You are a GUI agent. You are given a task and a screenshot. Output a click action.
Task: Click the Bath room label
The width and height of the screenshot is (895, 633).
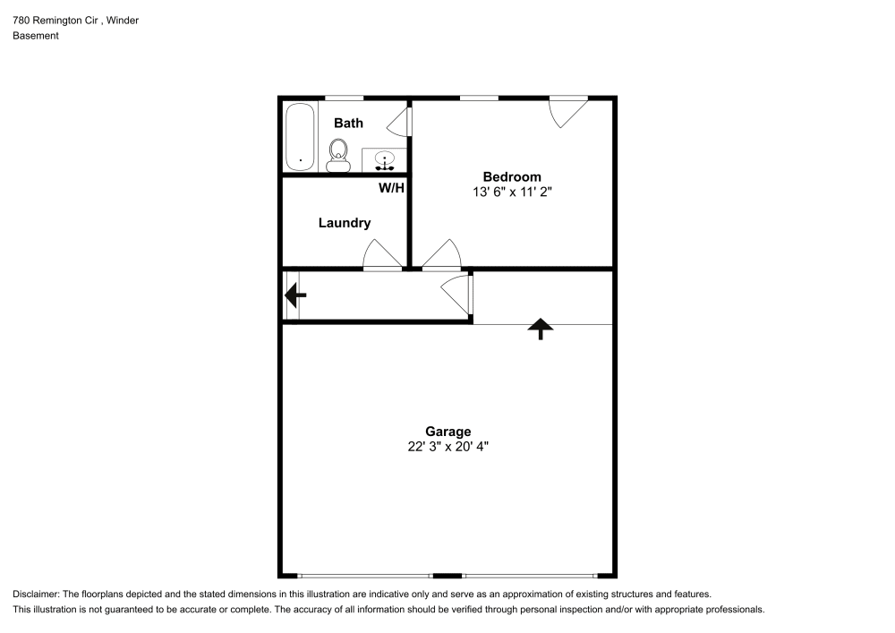[x=348, y=123]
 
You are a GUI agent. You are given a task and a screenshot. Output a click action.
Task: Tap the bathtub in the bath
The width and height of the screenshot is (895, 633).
[x=300, y=137]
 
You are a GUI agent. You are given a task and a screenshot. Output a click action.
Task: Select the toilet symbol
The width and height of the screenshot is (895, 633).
[x=338, y=155]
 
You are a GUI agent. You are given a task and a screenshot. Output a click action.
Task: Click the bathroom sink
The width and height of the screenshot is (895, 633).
[x=384, y=160]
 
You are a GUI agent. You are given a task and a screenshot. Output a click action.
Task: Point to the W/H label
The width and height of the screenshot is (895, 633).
[x=391, y=188]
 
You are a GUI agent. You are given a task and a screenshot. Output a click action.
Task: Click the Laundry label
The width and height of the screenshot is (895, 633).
[x=345, y=223]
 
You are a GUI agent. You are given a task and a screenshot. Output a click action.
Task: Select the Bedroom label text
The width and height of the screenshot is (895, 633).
[x=512, y=176]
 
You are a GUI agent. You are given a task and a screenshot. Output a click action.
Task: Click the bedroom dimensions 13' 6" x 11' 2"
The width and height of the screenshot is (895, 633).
[x=512, y=192]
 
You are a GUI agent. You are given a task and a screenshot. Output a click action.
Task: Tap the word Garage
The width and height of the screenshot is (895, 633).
[x=447, y=431]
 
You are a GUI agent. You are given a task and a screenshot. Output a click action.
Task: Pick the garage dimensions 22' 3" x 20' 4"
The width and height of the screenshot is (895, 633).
[x=447, y=446]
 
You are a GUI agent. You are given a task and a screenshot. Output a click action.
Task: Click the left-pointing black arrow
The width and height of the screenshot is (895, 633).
[x=294, y=294]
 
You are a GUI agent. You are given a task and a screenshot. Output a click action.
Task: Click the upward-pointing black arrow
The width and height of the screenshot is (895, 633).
[x=540, y=329]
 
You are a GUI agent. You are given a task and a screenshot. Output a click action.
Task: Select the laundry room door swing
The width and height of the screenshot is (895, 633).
[x=382, y=256]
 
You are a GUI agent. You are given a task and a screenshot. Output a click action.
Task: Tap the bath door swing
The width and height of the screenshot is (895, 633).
[x=402, y=121]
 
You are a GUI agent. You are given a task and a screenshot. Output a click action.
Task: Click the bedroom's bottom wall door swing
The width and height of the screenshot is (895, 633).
[x=441, y=256]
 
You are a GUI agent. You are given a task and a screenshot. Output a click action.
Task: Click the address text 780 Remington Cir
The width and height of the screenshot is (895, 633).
[x=55, y=20]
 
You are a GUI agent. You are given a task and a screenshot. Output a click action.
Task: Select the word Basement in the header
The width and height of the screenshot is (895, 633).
[x=36, y=36]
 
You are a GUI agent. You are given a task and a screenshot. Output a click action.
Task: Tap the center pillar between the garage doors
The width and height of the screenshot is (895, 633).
[x=447, y=574]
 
